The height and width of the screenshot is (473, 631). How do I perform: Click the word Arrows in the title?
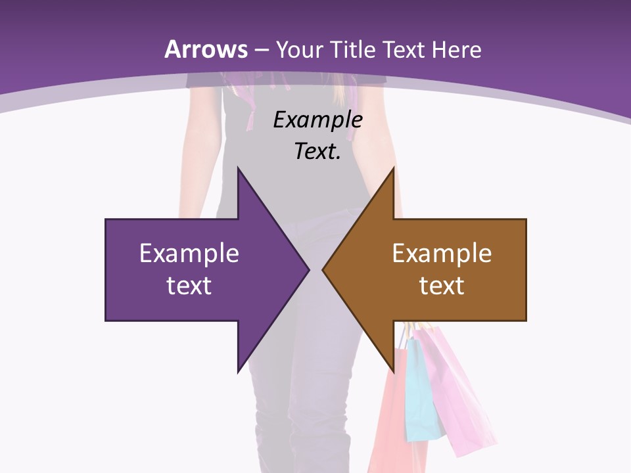pyautogui.click(x=206, y=49)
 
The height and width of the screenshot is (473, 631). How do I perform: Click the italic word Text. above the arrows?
pyautogui.click(x=317, y=151)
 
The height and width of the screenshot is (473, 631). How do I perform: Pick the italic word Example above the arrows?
pyautogui.click(x=317, y=120)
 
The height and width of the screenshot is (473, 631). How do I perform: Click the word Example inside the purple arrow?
pyautogui.click(x=189, y=254)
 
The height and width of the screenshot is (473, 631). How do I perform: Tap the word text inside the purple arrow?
pyautogui.click(x=189, y=285)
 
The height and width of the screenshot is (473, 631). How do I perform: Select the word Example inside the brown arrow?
pyautogui.click(x=442, y=254)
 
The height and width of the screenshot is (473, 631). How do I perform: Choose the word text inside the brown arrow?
pyautogui.click(x=442, y=285)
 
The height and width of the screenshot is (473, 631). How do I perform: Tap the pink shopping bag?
pyautogui.click(x=454, y=388)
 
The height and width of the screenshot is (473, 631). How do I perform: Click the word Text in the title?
pyautogui.click(x=406, y=50)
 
